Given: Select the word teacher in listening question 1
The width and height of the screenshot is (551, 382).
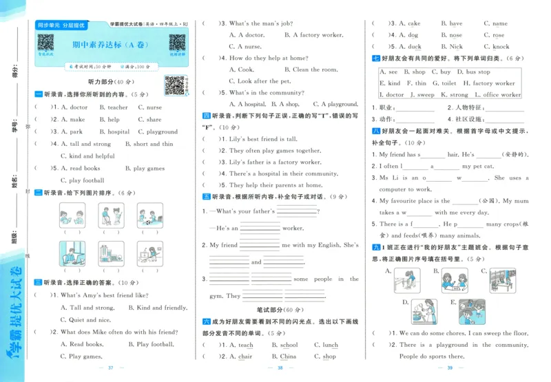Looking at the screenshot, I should [x=114, y=107].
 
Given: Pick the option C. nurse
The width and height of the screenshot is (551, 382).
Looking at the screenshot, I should [x=150, y=107].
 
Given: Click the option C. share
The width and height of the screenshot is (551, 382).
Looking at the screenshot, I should [x=150, y=120].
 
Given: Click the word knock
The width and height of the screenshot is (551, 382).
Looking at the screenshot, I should [x=497, y=47].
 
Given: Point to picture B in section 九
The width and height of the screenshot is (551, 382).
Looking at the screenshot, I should [x=455, y=279].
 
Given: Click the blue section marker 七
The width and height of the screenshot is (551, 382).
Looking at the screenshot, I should [x=375, y=59].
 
